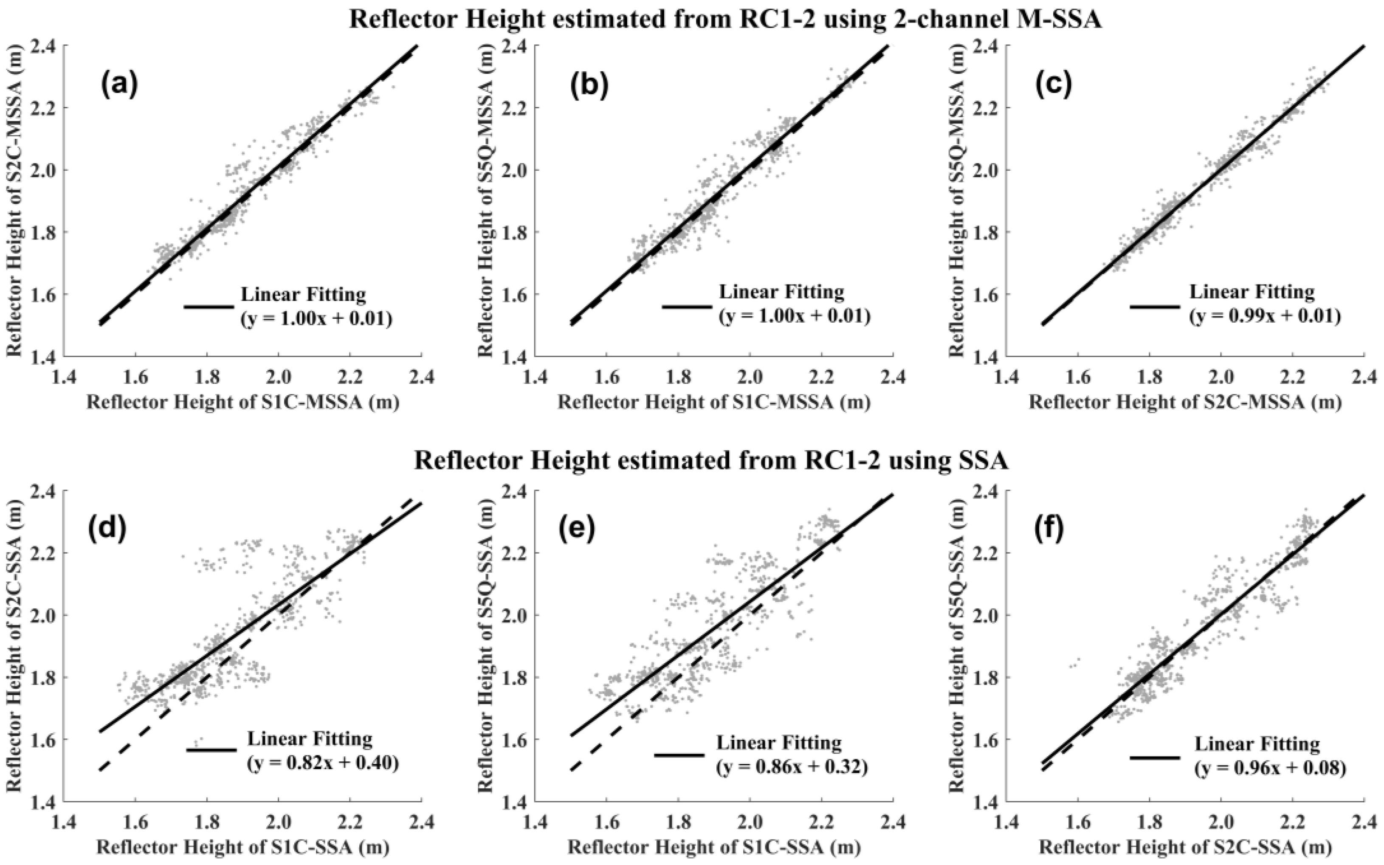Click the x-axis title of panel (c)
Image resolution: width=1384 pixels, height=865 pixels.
[1185, 402]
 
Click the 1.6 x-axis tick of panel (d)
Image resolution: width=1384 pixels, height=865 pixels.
[135, 824]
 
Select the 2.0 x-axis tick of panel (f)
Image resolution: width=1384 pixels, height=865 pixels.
[1221, 824]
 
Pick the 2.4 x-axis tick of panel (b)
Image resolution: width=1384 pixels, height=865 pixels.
[893, 378]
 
